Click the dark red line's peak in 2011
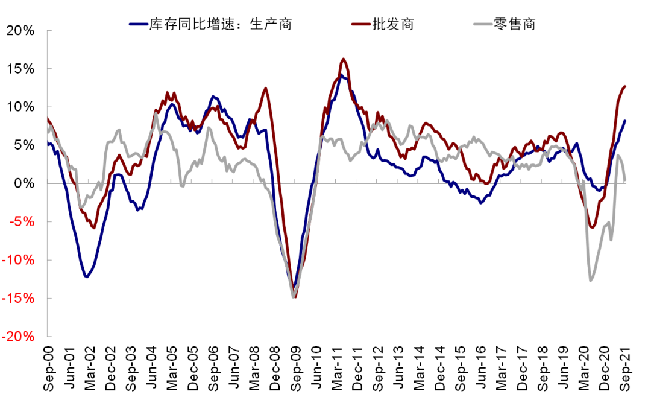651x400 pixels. click(x=343, y=59)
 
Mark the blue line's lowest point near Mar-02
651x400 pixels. click(x=87, y=277)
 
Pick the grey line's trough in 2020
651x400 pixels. click(x=590, y=281)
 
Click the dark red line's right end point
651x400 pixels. click(x=625, y=86)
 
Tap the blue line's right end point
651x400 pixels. click(x=625, y=121)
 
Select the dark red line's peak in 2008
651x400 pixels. click(x=265, y=89)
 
